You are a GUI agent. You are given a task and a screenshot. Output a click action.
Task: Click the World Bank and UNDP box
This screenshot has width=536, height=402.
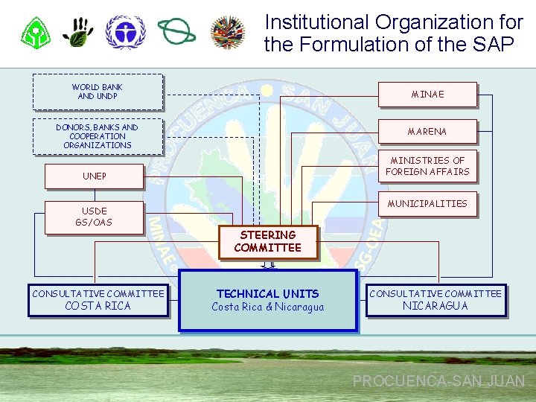(x=98, y=92)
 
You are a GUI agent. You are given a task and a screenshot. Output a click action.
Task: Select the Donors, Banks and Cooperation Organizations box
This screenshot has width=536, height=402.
(x=98, y=136)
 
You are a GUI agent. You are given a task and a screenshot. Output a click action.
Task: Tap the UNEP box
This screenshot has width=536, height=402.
(x=94, y=176)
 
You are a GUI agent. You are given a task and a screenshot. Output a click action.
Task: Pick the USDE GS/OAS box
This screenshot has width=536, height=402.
(x=94, y=217)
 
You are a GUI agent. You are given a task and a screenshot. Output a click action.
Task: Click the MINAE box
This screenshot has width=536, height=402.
(x=427, y=95)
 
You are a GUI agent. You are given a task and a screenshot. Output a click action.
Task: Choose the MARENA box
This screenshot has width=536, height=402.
(x=427, y=132)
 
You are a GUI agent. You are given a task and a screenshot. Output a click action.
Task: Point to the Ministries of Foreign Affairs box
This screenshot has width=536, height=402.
(x=430, y=166)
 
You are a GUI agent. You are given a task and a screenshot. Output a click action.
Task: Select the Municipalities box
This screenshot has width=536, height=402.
(x=427, y=203)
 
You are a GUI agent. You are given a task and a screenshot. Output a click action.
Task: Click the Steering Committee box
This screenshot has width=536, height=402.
(x=267, y=242)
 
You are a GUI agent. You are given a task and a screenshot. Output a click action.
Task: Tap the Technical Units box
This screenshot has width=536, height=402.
(x=268, y=300)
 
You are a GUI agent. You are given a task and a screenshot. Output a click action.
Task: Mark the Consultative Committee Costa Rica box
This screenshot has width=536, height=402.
(x=98, y=300)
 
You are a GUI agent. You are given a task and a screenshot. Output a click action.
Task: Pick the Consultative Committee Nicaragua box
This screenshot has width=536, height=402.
(x=435, y=300)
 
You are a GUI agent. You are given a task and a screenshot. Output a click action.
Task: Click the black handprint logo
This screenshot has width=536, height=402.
(x=77, y=32)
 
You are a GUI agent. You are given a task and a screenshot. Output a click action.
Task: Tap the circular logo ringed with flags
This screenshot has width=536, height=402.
(x=228, y=33)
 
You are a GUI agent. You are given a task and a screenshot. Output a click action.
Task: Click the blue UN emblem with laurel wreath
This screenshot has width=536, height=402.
(x=125, y=32)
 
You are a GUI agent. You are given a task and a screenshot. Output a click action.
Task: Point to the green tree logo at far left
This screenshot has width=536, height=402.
(x=34, y=33)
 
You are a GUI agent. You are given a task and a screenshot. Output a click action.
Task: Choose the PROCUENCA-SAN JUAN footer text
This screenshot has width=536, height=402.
(x=438, y=381)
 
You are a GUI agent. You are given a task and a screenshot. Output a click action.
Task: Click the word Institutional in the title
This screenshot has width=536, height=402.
(x=317, y=22)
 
